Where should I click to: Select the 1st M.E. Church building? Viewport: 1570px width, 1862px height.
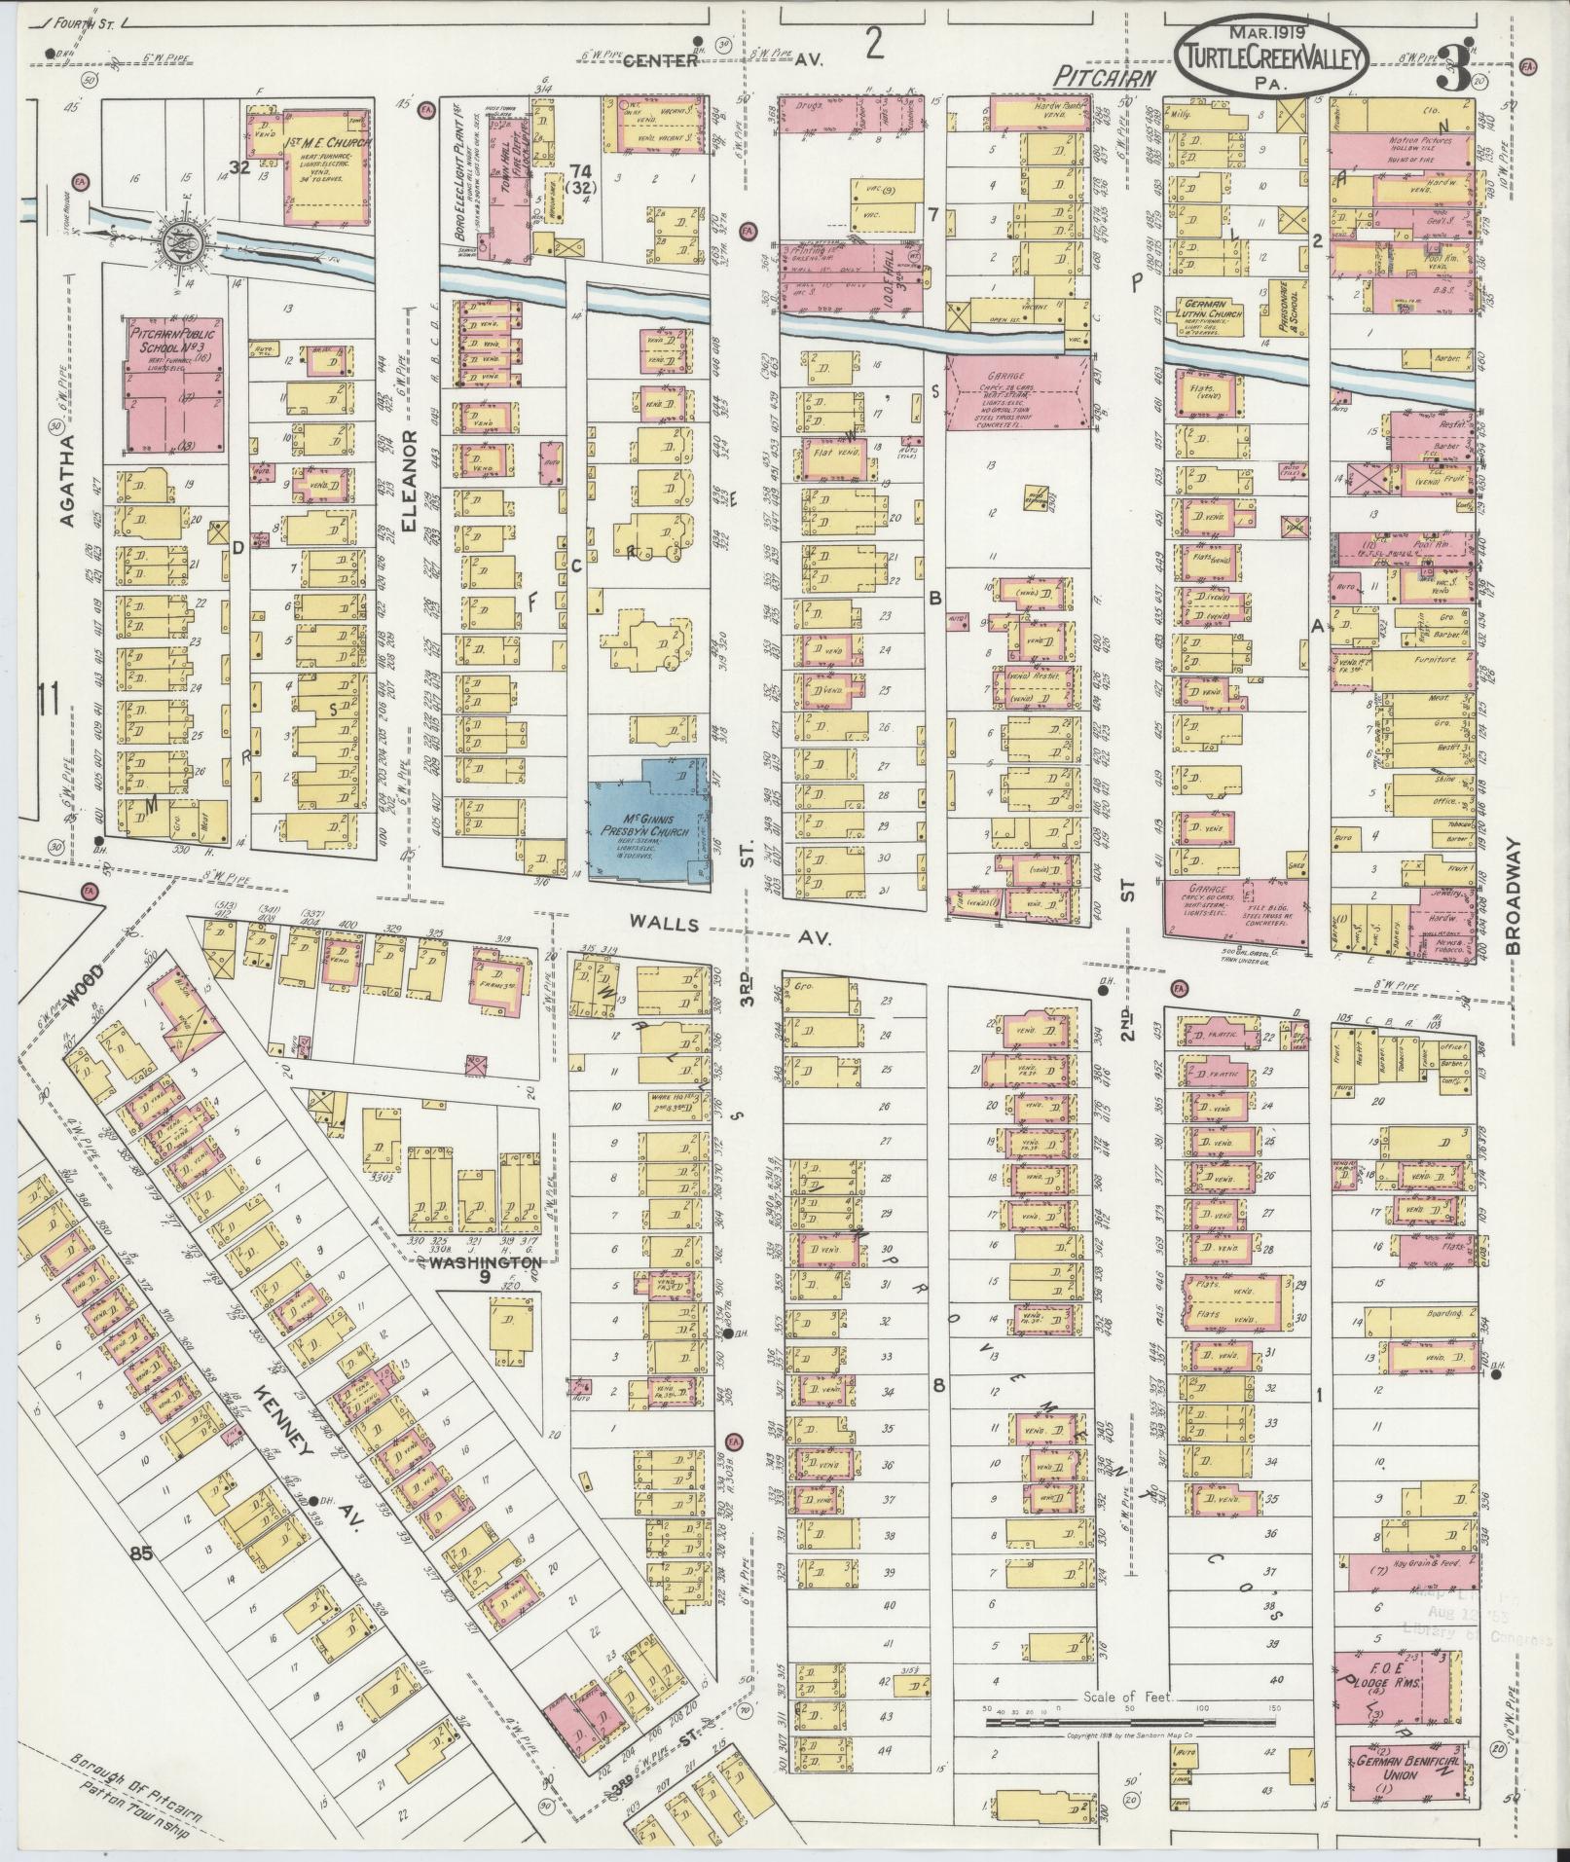327,165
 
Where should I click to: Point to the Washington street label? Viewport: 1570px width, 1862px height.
477,1262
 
